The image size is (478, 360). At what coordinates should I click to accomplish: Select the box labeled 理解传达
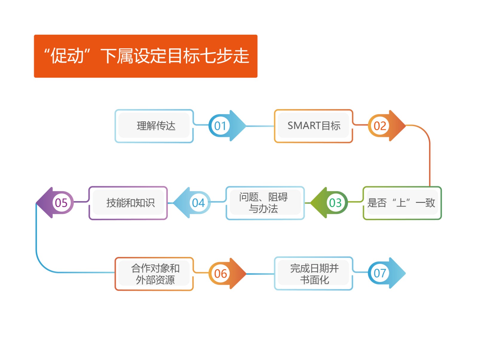[x=154, y=126]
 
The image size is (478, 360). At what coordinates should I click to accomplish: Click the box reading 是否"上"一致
[x=402, y=203]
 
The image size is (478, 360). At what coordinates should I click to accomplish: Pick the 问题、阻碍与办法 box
[x=265, y=203]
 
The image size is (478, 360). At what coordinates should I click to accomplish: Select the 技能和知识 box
[x=128, y=203]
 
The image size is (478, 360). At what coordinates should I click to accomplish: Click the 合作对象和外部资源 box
[x=154, y=274]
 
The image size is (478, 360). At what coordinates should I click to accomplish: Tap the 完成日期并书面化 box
[x=313, y=274]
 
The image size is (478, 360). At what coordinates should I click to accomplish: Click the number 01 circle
[x=220, y=126]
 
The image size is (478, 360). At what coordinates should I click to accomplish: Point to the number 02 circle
[x=379, y=126]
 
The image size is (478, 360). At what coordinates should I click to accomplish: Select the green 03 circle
[x=335, y=203]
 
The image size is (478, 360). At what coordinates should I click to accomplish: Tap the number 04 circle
[x=198, y=203]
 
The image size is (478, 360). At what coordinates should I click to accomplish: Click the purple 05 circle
[x=61, y=203]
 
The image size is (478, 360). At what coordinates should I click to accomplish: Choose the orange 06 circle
[x=220, y=273]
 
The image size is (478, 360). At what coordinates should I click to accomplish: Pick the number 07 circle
[x=379, y=273]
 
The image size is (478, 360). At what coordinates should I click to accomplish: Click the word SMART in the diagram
[x=300, y=125]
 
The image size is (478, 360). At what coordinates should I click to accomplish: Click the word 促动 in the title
[x=67, y=56]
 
